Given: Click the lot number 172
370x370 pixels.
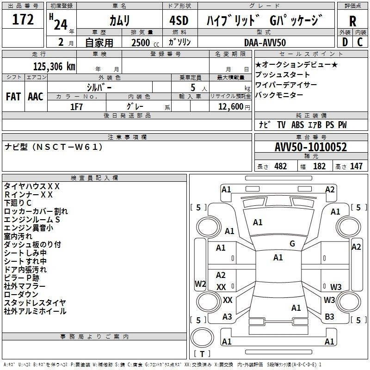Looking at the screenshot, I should pyautogui.click(x=23, y=20).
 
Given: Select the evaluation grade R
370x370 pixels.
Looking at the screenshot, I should pyautogui.click(x=352, y=21).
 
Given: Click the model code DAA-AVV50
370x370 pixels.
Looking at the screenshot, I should pyautogui.click(x=265, y=43).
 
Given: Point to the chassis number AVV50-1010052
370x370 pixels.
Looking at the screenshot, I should pyautogui.click(x=310, y=147).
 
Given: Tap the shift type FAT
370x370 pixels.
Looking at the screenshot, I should pyautogui.click(x=13, y=97).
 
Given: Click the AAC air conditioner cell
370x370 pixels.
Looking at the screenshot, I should pyautogui.click(x=36, y=97).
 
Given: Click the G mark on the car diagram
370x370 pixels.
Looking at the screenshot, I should pyautogui.click(x=292, y=244).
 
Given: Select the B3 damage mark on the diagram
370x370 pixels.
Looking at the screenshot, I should pyautogui.click(x=329, y=317).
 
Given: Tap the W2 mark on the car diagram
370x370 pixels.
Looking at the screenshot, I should pyautogui.click(x=200, y=284).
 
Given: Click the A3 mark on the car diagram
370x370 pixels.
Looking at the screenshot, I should pyautogui.click(x=227, y=317).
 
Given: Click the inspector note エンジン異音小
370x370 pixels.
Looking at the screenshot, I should pyautogui.click(x=29, y=228).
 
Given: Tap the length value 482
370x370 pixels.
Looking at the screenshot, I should pyautogui.click(x=280, y=166).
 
